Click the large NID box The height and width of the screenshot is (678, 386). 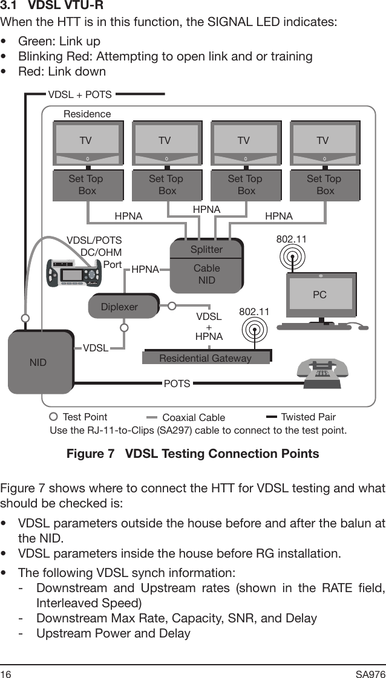[40, 362]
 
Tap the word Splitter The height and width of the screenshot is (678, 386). [206, 249]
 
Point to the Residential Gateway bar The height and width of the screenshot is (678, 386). [206, 358]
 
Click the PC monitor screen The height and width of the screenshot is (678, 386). [320, 295]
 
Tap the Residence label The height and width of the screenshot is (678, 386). [87, 114]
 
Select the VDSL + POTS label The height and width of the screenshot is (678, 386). [80, 94]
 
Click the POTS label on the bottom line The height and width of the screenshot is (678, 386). [177, 383]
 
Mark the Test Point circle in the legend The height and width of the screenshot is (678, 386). [53, 417]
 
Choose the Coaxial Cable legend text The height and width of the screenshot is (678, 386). [194, 417]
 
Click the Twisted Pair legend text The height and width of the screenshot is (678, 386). [308, 417]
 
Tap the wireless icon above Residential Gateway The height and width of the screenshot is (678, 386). [255, 330]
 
